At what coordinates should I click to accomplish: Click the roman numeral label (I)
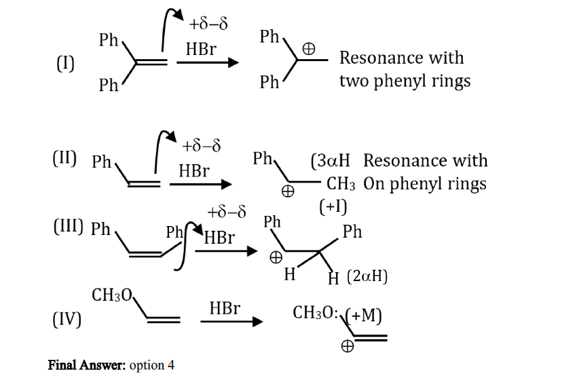click(x=65, y=63)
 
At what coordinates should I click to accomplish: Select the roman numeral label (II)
click(x=64, y=158)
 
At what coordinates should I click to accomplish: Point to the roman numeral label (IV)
click(x=67, y=319)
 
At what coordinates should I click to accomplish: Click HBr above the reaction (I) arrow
click(x=201, y=49)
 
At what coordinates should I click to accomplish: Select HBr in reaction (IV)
click(x=225, y=308)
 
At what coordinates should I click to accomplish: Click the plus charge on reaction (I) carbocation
click(x=308, y=49)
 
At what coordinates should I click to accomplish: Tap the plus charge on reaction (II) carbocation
click(x=288, y=191)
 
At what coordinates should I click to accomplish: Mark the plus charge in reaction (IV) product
click(x=348, y=346)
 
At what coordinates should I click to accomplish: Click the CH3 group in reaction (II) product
click(x=341, y=184)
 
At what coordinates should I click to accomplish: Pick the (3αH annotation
click(x=330, y=161)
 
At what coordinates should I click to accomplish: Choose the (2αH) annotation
click(x=367, y=276)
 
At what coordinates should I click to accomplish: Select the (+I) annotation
click(x=333, y=206)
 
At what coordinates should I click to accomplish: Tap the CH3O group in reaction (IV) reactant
click(x=112, y=295)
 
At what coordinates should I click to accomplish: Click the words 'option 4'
click(x=152, y=365)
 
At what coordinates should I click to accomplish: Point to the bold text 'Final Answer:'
click(x=87, y=365)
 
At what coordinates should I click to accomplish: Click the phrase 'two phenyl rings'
click(x=405, y=81)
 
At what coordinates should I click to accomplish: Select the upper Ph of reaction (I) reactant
click(x=108, y=40)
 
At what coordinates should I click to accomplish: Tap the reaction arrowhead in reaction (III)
click(x=252, y=251)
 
